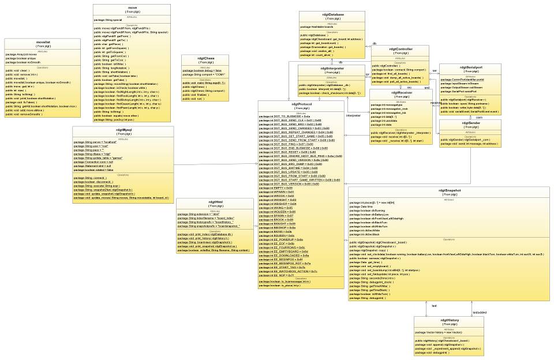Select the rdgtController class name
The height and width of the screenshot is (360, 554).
click(x=400, y=49)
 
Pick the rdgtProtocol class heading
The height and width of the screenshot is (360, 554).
click(x=302, y=104)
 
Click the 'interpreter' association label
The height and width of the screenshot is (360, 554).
click(x=353, y=115)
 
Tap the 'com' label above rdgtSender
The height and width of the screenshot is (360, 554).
click(x=478, y=117)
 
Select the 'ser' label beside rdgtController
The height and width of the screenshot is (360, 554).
click(x=435, y=70)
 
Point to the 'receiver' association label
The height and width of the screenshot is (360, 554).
click(x=436, y=103)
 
